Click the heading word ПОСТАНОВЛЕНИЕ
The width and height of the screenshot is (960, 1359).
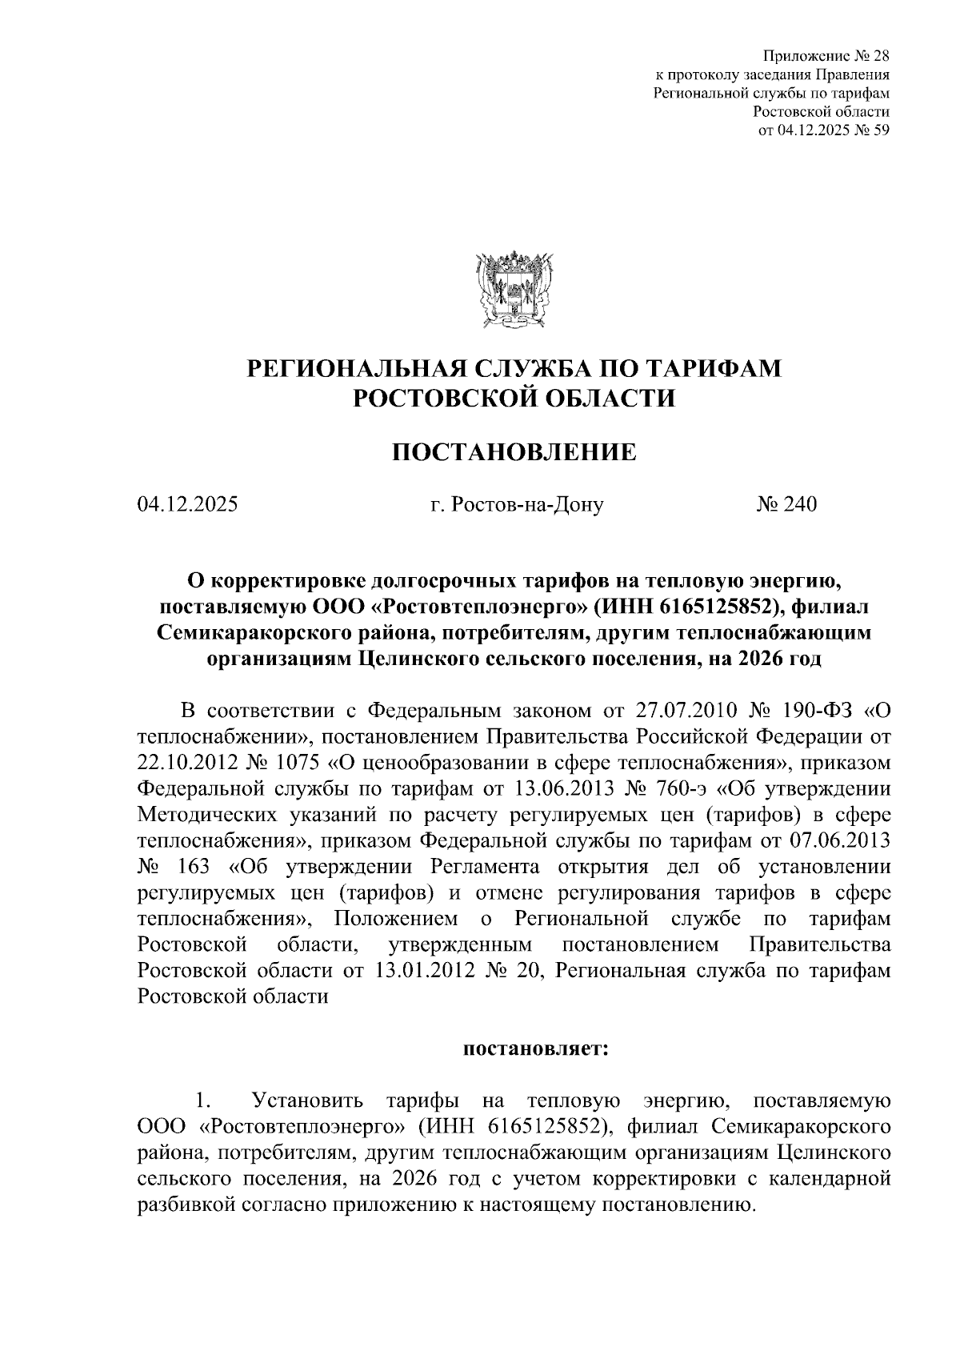click(x=514, y=453)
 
